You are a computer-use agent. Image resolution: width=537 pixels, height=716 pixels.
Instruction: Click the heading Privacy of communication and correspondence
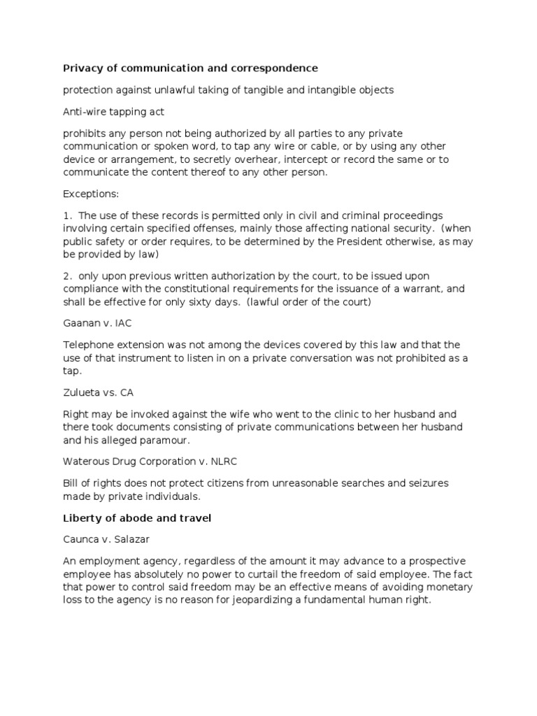click(190, 68)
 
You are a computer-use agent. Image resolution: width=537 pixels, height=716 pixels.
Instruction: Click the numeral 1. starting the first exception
click(67, 215)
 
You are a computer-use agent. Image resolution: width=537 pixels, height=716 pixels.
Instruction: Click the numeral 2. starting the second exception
click(67, 276)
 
